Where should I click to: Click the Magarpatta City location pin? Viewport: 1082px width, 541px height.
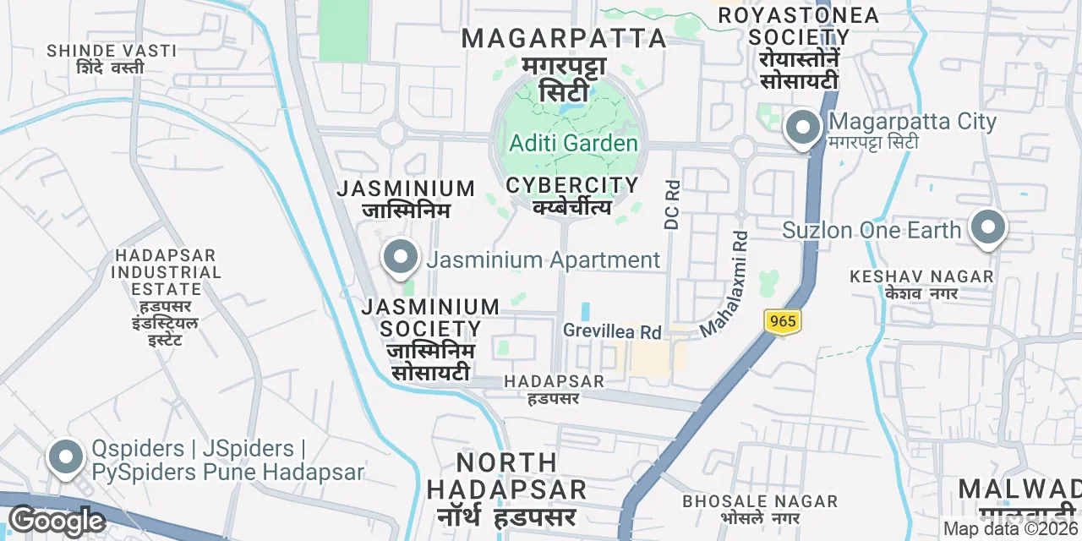pos(802,129)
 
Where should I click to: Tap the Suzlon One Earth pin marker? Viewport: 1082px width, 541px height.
pos(986,228)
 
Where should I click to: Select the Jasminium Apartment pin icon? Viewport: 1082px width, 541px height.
pos(401,257)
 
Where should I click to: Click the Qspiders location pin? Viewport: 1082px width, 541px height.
pos(65,458)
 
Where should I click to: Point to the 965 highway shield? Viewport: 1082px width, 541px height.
pos(783,321)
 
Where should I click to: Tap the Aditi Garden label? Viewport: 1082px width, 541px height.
pos(572,143)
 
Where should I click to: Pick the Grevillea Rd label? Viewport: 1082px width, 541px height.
pos(612,331)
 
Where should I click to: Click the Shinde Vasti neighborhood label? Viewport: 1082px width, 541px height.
pos(112,58)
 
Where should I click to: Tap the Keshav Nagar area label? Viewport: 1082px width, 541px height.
pos(921,284)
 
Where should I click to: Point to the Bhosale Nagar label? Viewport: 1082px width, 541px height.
pos(760,509)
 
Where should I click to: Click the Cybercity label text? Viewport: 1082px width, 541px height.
pos(572,194)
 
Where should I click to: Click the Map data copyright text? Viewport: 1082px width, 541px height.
pos(1011,529)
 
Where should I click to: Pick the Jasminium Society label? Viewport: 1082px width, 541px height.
pos(430,338)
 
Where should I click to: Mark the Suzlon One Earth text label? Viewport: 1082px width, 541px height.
pos(872,230)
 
